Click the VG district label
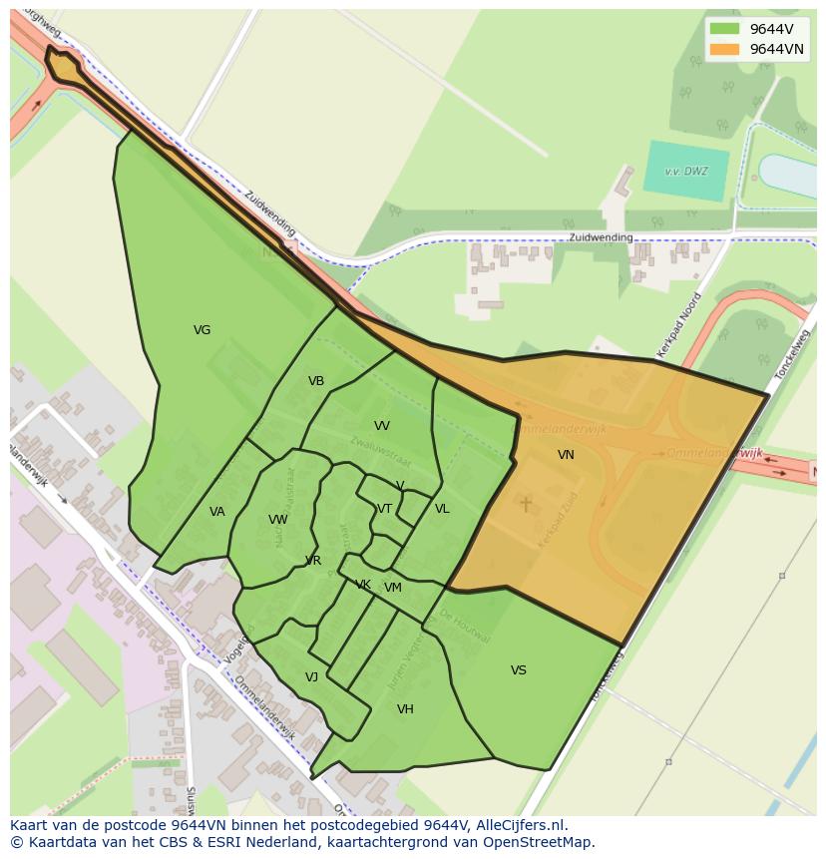tap(202, 330)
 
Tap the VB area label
tap(316, 381)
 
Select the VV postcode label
tap(381, 426)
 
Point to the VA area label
tap(217, 512)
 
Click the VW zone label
tap(278, 520)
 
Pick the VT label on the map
tap(384, 509)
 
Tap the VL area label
tap(442, 509)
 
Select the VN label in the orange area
tap(566, 455)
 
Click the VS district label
tap(519, 670)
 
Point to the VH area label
tap(405, 709)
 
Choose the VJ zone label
tap(311, 677)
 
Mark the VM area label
tap(393, 588)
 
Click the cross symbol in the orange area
tap(526, 505)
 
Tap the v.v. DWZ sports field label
tap(687, 171)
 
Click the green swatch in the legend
tap(725, 29)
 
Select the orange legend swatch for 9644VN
tap(725, 49)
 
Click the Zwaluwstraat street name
tap(380, 455)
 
